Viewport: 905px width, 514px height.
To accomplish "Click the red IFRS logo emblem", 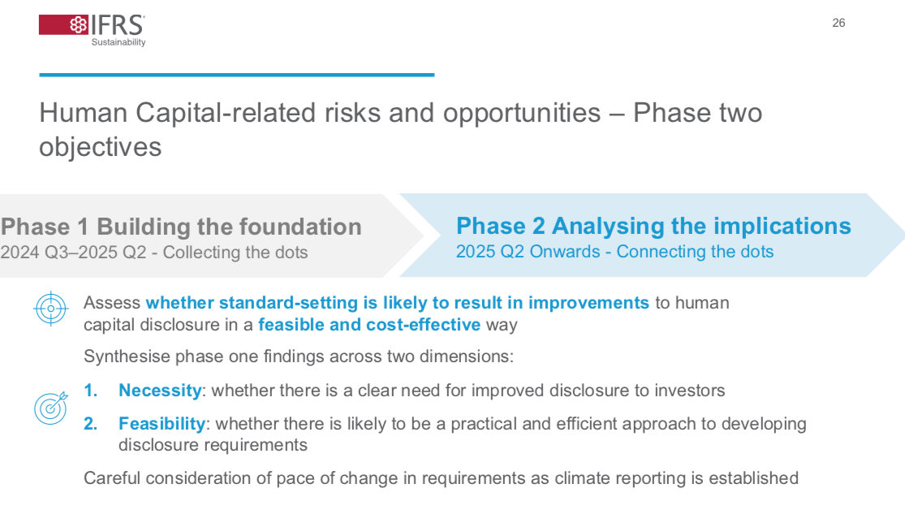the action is coord(63,25).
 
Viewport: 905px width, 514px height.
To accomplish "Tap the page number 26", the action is coord(838,23).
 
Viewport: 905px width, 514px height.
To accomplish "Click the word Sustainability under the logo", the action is coord(119,42).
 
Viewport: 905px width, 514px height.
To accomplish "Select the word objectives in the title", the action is coord(101,147).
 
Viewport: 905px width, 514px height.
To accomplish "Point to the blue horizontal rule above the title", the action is coord(237,75).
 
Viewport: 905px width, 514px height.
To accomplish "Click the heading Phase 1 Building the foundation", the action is coord(181,227).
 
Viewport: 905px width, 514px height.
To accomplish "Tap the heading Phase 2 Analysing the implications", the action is coord(653,226).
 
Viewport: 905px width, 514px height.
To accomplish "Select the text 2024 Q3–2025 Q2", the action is coord(73,253).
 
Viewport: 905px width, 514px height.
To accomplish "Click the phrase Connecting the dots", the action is coord(695,252).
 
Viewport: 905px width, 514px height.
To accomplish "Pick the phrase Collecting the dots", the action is coord(235,253).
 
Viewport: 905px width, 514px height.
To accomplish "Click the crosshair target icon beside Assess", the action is coord(51,309).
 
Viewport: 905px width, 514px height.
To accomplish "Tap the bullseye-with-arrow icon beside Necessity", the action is coord(51,408).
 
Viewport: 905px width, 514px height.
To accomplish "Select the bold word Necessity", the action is coord(160,391).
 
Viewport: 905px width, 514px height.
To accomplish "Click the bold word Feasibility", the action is coord(162,424).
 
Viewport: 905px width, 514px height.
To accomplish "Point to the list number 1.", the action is coord(90,391).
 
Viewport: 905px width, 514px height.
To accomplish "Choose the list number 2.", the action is coord(90,424).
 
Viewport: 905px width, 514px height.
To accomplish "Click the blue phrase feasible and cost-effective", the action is coord(369,325).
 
